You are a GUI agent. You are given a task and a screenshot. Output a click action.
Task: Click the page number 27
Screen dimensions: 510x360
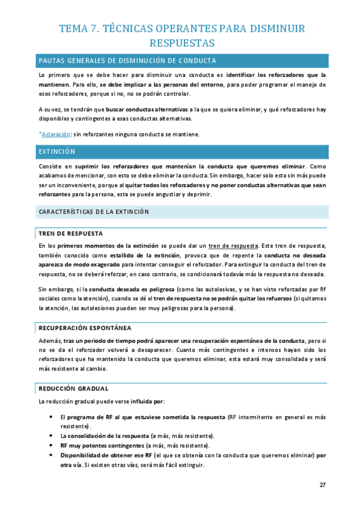[x=322, y=485]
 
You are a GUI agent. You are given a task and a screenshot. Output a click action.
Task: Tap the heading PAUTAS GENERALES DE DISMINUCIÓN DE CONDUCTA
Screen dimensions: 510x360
[x=127, y=61]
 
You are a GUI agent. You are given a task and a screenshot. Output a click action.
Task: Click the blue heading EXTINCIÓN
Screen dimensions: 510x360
[x=56, y=152]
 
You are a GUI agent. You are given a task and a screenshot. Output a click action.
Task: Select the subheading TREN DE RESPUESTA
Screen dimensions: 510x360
[x=70, y=233]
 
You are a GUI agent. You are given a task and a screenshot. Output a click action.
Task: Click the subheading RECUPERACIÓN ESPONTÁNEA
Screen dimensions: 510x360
[x=85, y=328]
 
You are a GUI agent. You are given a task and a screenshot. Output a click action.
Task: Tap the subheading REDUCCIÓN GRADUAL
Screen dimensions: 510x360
[x=73, y=389]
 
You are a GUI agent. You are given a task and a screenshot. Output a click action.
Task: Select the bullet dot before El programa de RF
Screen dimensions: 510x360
[x=50, y=416]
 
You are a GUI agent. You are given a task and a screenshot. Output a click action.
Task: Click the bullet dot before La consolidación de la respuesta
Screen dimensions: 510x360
[x=50, y=435]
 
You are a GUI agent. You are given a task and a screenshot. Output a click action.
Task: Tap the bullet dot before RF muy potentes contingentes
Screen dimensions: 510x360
[x=50, y=445]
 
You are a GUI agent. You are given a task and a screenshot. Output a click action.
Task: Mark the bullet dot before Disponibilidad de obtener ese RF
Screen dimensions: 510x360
[x=50, y=455]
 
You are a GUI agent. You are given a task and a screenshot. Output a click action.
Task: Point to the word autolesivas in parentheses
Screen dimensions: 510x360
[x=248, y=289]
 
